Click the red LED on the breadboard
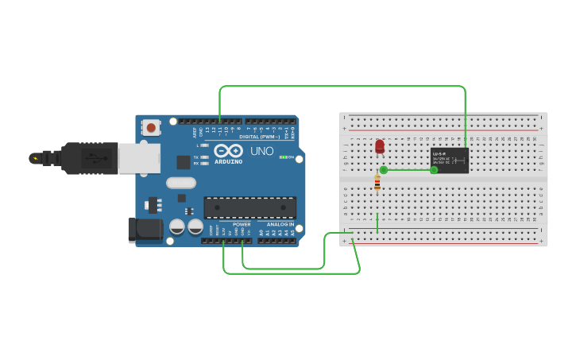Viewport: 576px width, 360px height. (x=380, y=146)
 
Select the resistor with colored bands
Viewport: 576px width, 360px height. (x=377, y=184)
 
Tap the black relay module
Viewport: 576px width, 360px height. (x=449, y=160)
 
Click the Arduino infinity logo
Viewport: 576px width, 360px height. (x=227, y=150)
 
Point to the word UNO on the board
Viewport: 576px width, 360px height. (x=262, y=151)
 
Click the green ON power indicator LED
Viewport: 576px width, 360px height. (x=283, y=157)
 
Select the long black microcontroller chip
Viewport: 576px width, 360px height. (x=250, y=207)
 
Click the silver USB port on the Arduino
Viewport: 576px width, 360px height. (x=139, y=157)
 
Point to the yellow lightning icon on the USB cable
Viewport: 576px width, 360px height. (x=34, y=157)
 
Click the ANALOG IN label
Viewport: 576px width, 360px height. (x=280, y=225)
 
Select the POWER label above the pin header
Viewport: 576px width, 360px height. (x=242, y=225)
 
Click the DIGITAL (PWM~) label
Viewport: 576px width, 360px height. (x=259, y=137)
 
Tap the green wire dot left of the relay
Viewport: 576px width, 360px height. (x=434, y=169)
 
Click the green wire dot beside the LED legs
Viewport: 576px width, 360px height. (x=384, y=169)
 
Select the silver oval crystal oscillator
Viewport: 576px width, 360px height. (x=181, y=183)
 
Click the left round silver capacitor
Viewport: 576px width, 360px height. (x=177, y=227)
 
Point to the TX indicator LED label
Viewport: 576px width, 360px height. (x=196, y=157)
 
